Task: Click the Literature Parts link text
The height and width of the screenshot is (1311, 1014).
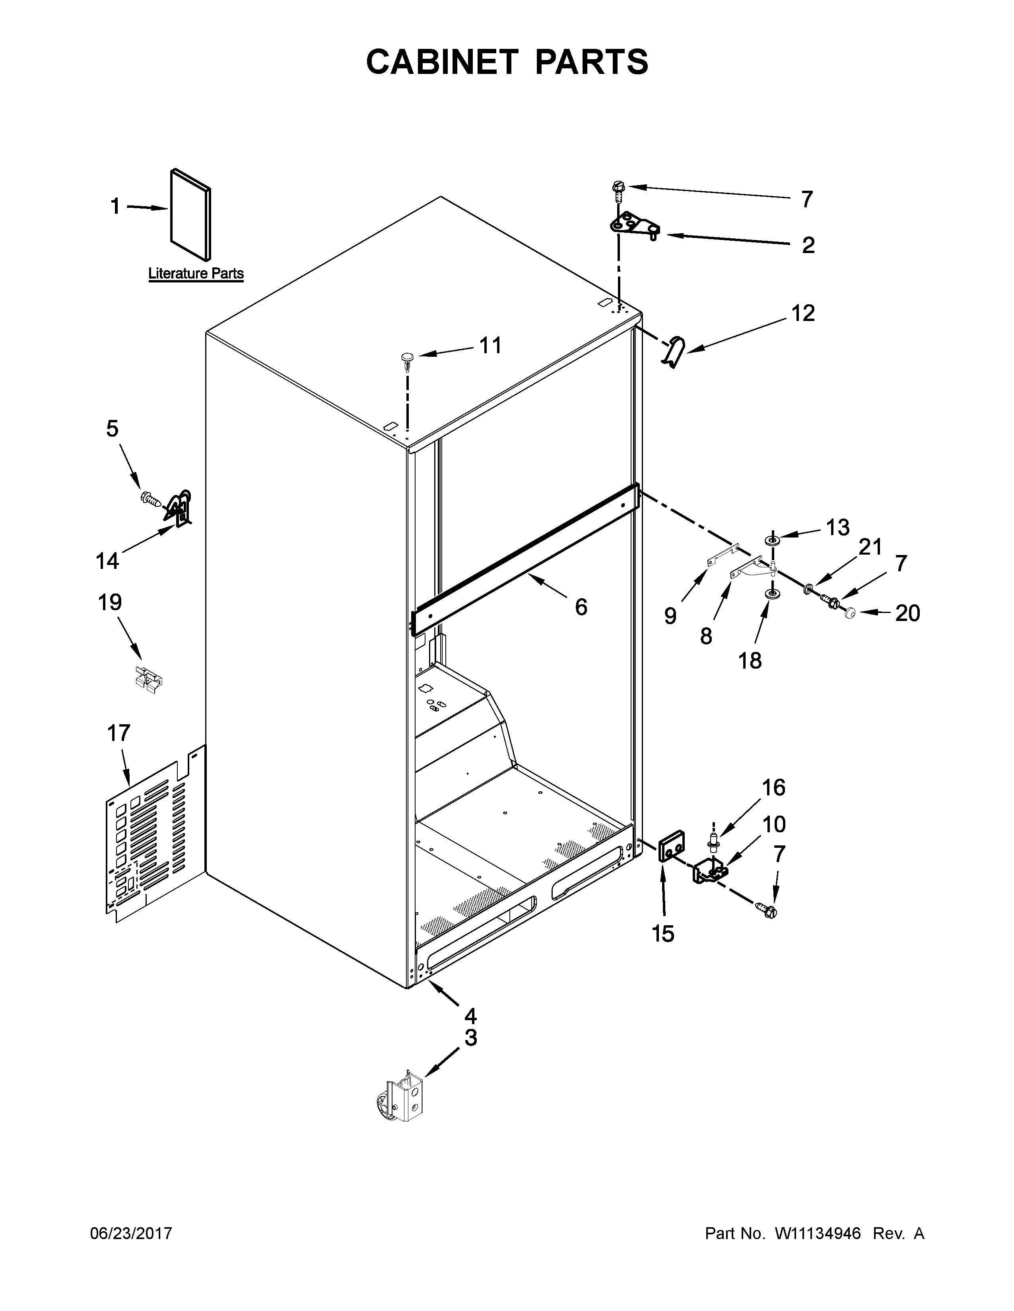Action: pyautogui.click(x=196, y=274)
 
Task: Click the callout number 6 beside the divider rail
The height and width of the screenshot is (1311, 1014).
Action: pyautogui.click(x=580, y=607)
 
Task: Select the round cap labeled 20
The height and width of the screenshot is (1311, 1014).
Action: pyautogui.click(x=849, y=613)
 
